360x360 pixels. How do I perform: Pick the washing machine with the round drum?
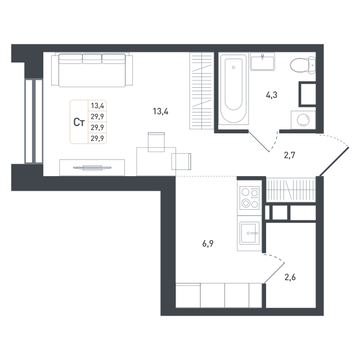303,120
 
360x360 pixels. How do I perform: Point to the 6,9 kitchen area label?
208,244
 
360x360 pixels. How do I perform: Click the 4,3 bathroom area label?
272,95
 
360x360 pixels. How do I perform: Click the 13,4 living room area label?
161,111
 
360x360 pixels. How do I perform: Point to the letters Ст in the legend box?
79,121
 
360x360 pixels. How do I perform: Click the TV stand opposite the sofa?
92,167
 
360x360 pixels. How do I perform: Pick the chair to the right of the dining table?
181,161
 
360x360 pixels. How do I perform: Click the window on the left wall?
34,121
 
